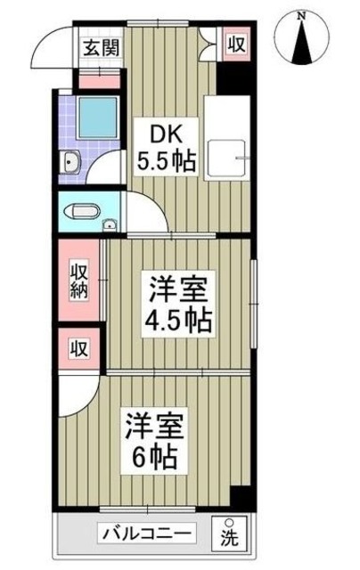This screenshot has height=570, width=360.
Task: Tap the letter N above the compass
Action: (303, 14)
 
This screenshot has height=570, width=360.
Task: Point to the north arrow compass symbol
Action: (303, 40)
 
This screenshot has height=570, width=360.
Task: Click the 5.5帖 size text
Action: (167, 164)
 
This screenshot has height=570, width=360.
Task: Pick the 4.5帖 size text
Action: (177, 318)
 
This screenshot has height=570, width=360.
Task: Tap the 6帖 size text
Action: (155, 460)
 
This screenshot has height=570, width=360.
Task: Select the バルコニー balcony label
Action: (144, 533)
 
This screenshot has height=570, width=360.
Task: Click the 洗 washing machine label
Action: (231, 537)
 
